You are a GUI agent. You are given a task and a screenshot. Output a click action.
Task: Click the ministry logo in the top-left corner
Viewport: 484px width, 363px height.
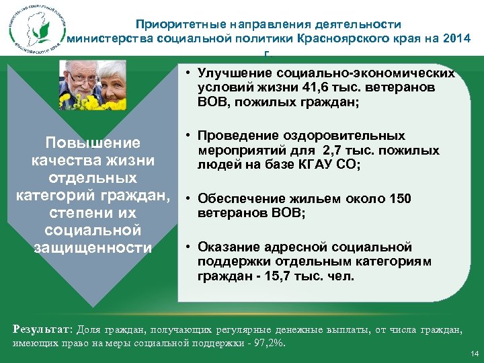[x=34, y=28]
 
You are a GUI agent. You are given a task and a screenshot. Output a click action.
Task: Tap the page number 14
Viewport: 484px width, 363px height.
[x=474, y=354]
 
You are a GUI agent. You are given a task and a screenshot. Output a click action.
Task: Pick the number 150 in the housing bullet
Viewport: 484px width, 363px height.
[x=398, y=199]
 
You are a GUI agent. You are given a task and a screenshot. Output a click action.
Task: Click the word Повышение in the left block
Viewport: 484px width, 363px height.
[x=92, y=143]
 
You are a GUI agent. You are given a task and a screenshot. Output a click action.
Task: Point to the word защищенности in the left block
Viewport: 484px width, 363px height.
[x=92, y=248]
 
